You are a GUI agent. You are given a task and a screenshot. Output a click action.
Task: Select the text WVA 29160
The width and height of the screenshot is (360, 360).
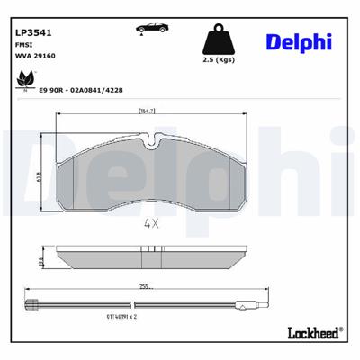(x=33, y=56)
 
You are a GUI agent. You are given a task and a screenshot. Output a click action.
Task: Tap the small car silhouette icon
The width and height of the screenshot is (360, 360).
(x=145, y=29)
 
